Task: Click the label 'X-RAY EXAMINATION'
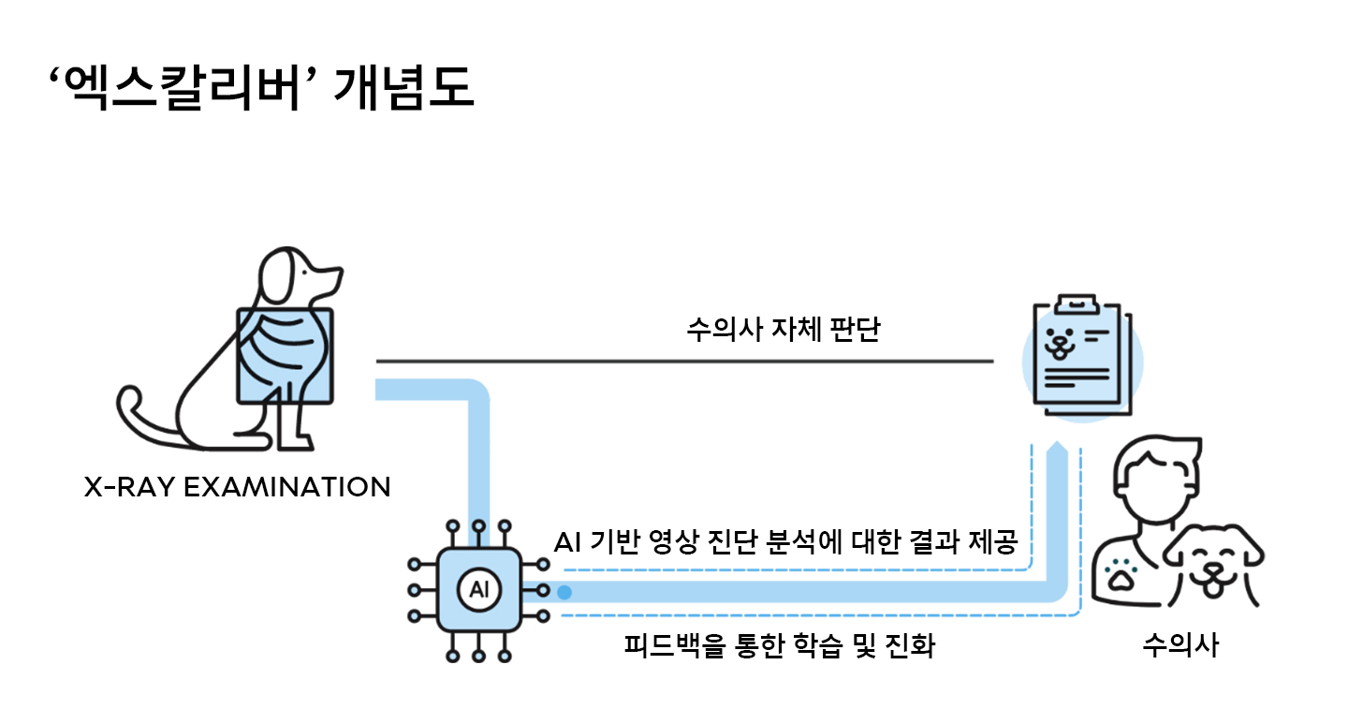[237, 487]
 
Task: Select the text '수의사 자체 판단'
[783, 332]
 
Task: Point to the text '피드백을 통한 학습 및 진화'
[779, 646]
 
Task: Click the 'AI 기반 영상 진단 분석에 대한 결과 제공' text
[785, 543]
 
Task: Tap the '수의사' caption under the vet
[1180, 645]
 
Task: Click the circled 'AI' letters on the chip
[478, 591]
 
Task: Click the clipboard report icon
[1081, 361]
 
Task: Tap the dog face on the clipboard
[1060, 343]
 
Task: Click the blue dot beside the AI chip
[564, 592]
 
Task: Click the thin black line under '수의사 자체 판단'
[683, 361]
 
